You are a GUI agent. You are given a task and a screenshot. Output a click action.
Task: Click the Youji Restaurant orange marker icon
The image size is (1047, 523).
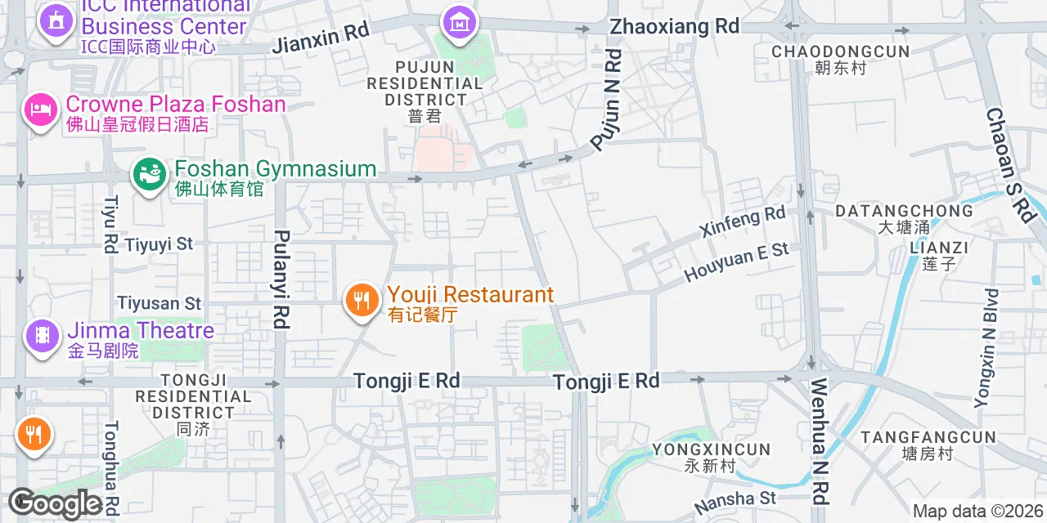(x=360, y=300)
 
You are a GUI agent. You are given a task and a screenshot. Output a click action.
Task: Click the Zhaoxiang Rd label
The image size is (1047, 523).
(x=674, y=26)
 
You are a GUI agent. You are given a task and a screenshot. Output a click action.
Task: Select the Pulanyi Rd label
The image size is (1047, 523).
(x=281, y=279)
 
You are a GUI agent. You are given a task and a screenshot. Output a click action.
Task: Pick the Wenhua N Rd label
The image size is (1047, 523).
(x=820, y=441)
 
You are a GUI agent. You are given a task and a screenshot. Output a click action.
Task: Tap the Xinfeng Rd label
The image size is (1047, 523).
(x=743, y=222)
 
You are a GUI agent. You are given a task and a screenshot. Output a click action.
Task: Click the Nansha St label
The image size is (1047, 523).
(x=735, y=498)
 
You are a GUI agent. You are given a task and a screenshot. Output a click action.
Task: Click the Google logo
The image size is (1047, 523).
(x=56, y=504)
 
